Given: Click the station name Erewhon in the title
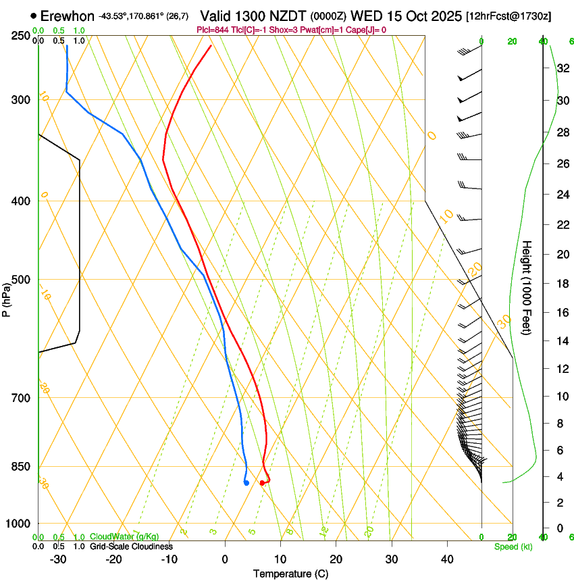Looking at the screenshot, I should [x=68, y=15].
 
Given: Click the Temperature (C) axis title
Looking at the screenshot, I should [x=290, y=574].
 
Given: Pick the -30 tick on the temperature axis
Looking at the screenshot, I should [x=58, y=559].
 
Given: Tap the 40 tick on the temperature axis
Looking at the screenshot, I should [x=446, y=559].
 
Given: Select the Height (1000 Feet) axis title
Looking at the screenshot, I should [x=527, y=287].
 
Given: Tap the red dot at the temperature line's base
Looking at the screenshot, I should [x=262, y=482].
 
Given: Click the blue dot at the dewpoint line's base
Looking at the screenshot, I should [x=246, y=482].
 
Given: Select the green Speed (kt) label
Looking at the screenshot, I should [x=513, y=547].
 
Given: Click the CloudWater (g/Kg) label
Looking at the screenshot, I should [x=124, y=536].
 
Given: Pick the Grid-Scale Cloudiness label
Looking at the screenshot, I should [x=131, y=547].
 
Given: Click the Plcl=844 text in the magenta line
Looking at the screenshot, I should [x=211, y=30].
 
